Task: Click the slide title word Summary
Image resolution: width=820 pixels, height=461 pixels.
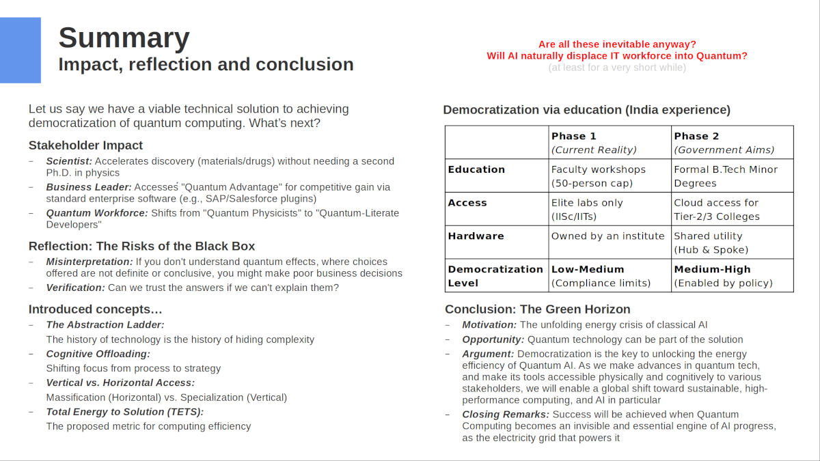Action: coord(124,38)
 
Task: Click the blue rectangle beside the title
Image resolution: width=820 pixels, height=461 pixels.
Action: coord(20,50)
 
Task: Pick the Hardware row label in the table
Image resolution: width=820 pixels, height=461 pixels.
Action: coord(476,236)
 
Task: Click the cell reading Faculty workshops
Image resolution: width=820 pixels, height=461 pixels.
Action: coord(598,176)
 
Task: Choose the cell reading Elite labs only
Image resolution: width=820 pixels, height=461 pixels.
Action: coord(587,210)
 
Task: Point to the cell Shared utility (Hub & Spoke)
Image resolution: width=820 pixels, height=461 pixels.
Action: coord(708,242)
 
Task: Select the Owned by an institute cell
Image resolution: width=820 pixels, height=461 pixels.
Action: coord(607,236)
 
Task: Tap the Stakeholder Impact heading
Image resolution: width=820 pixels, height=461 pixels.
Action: coord(85,145)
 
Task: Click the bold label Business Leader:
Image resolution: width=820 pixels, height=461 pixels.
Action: coord(89,187)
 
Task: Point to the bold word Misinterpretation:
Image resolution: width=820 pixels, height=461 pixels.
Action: coord(90,262)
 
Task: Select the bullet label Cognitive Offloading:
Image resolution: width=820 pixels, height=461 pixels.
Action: coord(98,354)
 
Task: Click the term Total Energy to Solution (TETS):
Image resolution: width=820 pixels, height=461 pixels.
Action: coord(124,412)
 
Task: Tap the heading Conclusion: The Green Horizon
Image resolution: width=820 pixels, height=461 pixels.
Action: coord(537,309)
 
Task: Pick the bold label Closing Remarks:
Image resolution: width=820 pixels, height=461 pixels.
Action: coord(506,415)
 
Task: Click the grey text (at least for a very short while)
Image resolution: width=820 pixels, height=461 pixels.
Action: coord(616,68)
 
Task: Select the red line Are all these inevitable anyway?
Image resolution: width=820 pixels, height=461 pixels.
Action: coord(617,44)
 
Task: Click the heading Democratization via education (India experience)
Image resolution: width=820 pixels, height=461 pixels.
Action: coord(586,110)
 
